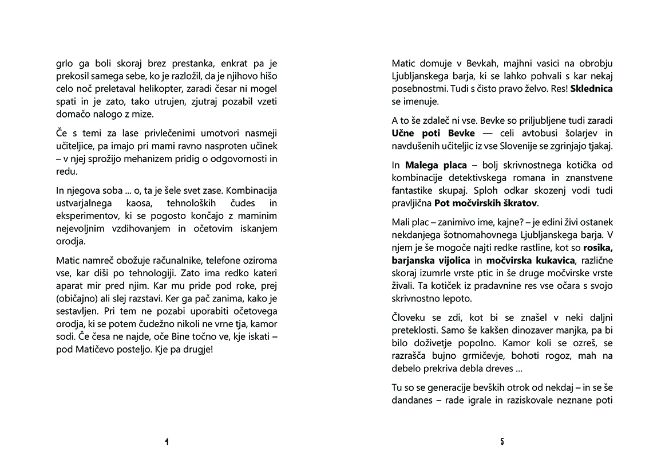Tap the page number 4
[166, 441]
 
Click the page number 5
[502, 441]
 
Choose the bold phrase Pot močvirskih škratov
[486, 203]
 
